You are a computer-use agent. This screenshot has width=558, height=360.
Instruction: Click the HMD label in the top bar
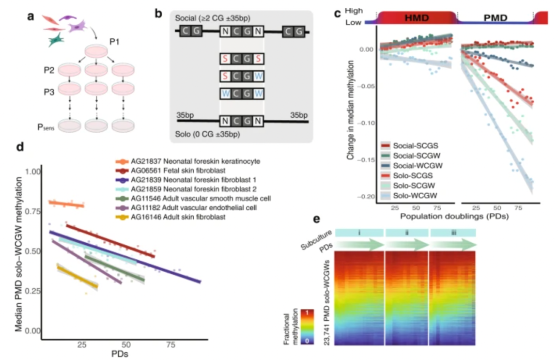pos(417,18)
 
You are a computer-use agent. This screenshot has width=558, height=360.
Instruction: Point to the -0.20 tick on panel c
pos(367,197)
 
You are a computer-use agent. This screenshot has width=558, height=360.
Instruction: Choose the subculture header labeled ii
pos(407,233)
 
